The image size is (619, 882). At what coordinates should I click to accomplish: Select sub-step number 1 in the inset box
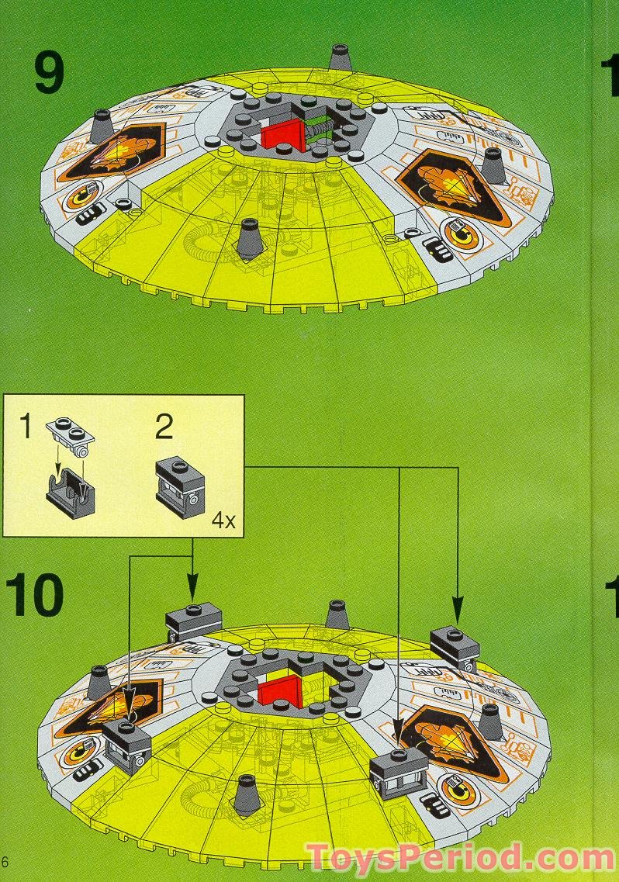point(26,426)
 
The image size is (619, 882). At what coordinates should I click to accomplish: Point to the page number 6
point(5,862)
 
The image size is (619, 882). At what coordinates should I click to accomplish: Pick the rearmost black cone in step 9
point(339,57)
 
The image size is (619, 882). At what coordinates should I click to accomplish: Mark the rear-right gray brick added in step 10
point(455,644)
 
